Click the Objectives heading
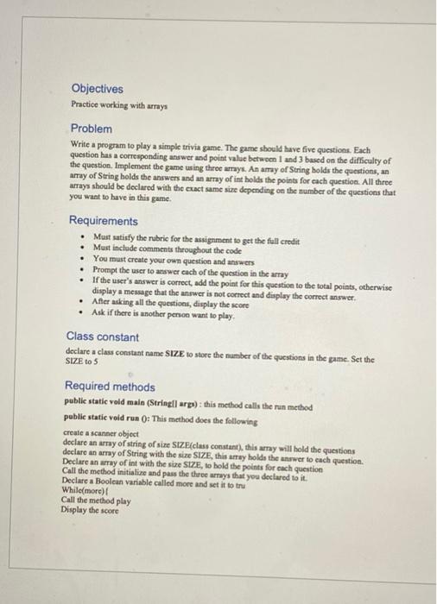(97, 89)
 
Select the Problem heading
(92, 129)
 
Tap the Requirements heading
(103, 221)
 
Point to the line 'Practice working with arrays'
(118, 104)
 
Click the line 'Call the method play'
(97, 500)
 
